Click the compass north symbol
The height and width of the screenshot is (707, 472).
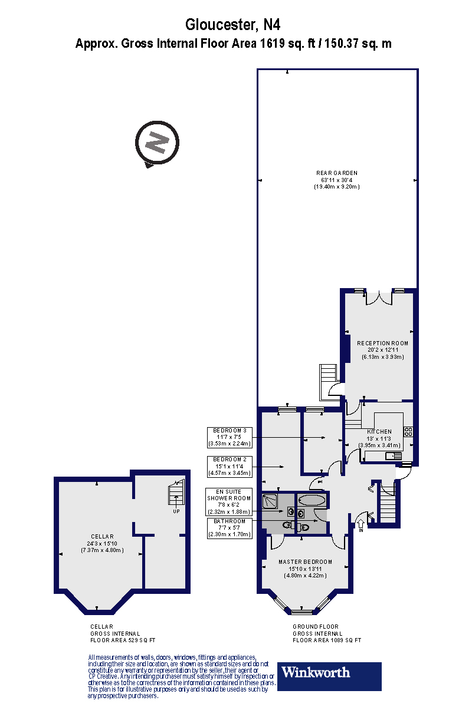pos(156,143)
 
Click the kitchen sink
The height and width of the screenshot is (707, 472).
pos(393,455)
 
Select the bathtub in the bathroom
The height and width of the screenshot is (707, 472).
pos(312,500)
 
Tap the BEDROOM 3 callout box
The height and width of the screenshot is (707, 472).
pos(230,437)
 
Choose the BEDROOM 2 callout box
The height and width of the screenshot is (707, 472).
pos(230,465)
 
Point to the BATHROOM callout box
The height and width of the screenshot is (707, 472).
pos(230,528)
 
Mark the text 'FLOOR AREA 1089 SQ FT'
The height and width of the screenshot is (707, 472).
pos(327,640)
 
